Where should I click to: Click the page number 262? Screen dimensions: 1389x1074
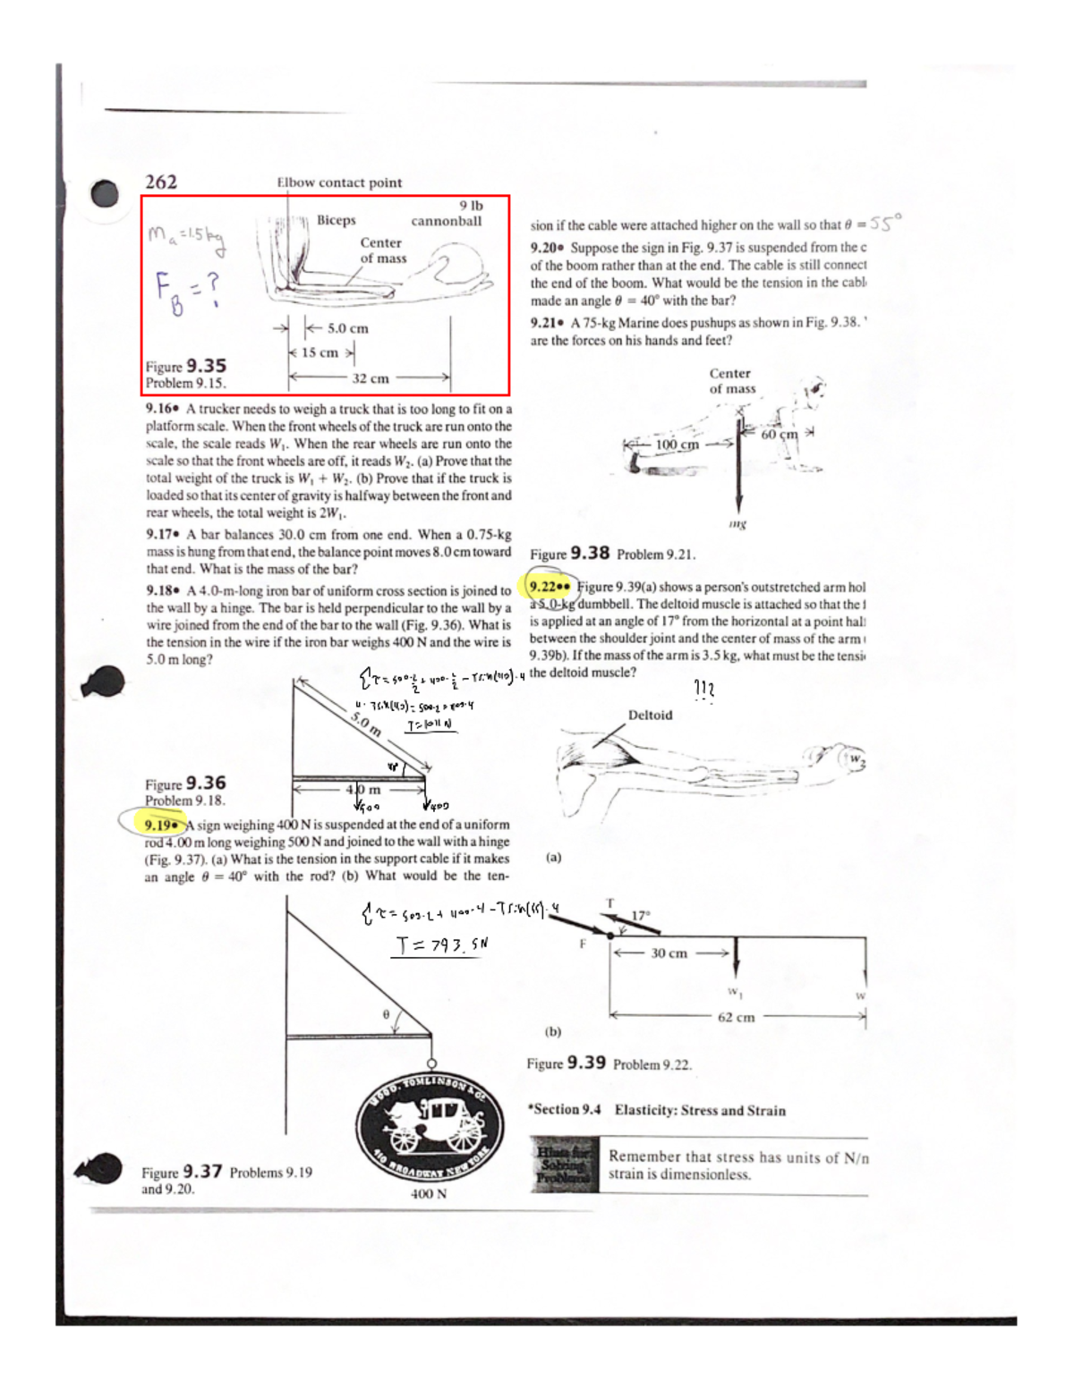(x=161, y=182)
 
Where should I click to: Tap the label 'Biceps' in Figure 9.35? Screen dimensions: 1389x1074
(x=336, y=220)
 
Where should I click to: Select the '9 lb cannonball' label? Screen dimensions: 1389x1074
(x=447, y=214)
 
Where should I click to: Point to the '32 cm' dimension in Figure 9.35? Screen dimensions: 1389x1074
(x=370, y=378)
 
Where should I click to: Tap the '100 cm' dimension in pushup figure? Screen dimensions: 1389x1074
(x=677, y=445)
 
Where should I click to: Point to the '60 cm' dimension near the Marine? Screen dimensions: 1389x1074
(x=779, y=435)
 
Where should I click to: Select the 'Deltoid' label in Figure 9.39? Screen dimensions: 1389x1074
(x=650, y=715)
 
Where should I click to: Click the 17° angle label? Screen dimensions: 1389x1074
(x=641, y=916)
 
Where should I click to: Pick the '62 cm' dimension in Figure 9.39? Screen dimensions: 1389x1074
(x=736, y=1017)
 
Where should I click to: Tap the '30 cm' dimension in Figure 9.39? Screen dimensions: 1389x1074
(x=669, y=953)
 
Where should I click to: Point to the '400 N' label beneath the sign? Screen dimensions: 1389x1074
(x=428, y=1194)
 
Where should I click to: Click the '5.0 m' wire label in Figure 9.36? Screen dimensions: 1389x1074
(x=365, y=724)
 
